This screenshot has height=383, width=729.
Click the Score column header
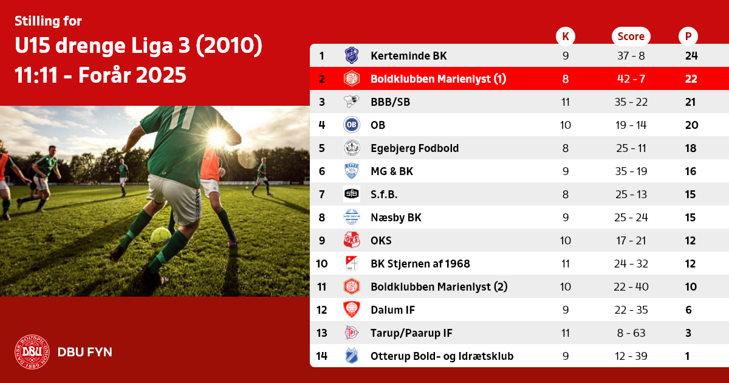pos(631,36)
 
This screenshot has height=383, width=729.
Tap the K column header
pos(566,36)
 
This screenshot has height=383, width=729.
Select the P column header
pos(688,36)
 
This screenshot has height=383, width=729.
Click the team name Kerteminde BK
pos(408,56)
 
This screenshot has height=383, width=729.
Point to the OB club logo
pos(352,125)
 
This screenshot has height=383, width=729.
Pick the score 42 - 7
pos(631,79)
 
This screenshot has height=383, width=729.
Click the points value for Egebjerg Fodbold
pos(691,148)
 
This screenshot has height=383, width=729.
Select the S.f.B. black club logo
pos(352,194)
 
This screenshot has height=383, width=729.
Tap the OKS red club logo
pos(352,240)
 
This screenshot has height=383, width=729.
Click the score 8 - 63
pos(631,333)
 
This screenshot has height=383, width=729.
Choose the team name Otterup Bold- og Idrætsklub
pos(442,356)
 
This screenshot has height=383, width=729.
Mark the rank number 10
pos(321,263)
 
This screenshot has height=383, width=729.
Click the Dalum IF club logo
pos(352,309)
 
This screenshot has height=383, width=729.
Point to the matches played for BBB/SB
pos(566,102)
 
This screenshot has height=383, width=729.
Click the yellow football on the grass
pos(160,237)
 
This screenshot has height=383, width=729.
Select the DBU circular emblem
pos(32,352)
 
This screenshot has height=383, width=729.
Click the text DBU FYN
pos(84,352)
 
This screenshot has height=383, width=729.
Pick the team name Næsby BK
pos(395,217)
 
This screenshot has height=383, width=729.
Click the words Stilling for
pos(48,21)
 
